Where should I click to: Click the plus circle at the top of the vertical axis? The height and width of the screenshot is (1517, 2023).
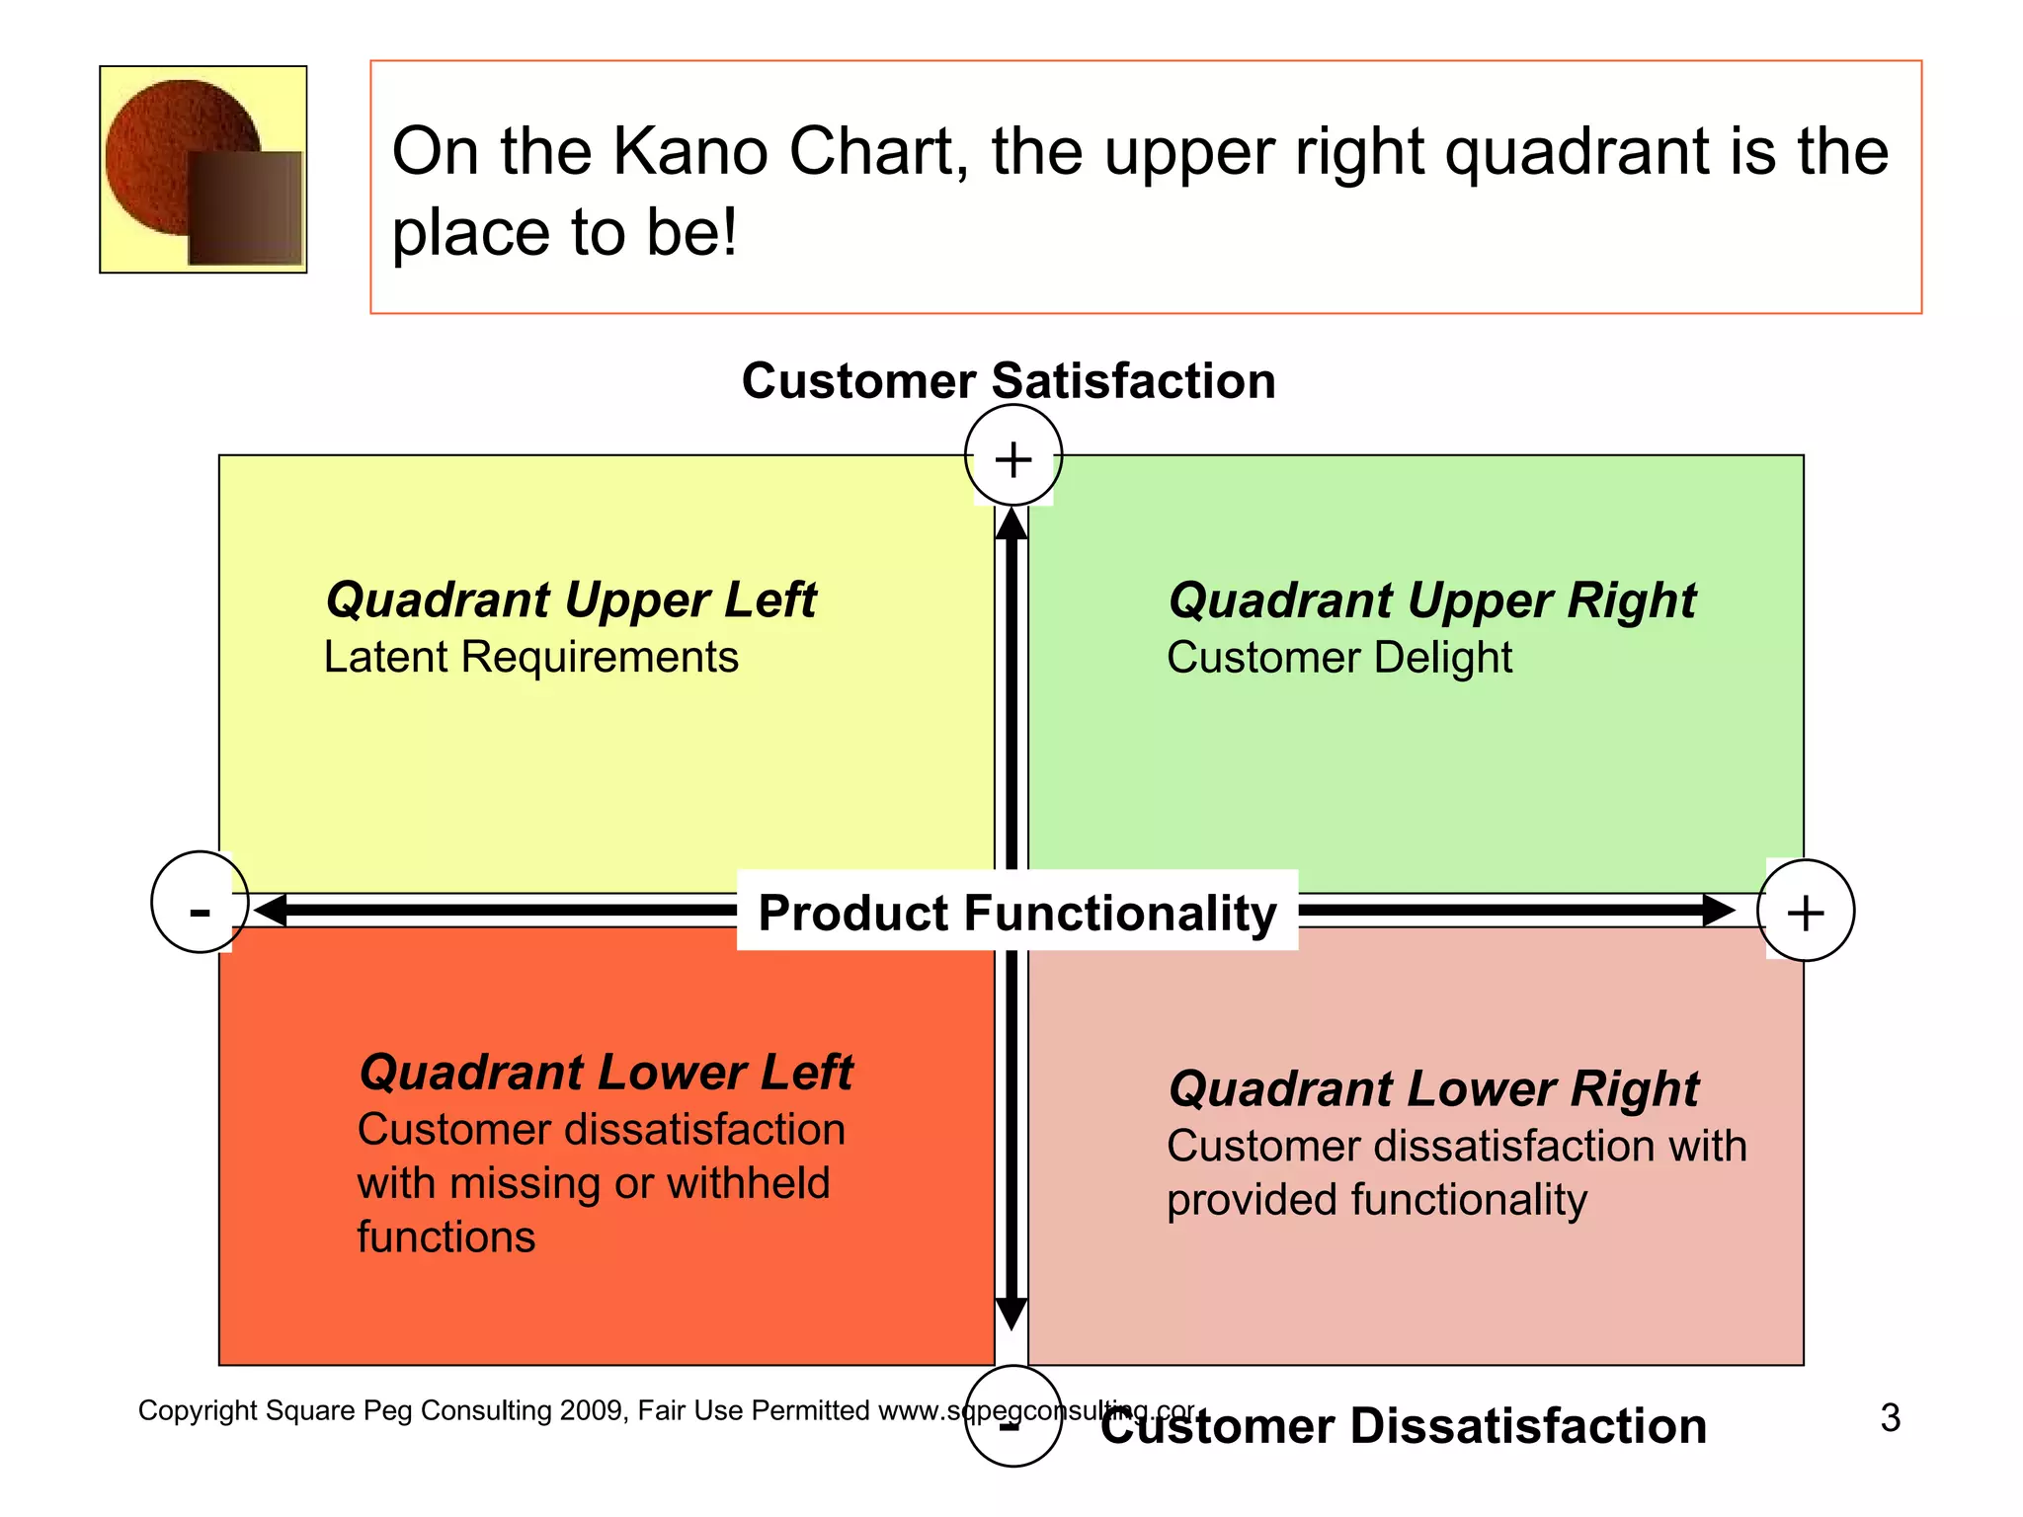pyautogui.click(x=1012, y=455)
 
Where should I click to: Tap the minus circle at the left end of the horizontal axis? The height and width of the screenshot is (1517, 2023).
pyautogui.click(x=200, y=902)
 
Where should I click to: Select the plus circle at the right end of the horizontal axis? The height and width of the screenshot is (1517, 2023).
pyautogui.click(x=1806, y=911)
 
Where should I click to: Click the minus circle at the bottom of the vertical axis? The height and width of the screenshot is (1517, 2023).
pyautogui.click(x=1012, y=1415)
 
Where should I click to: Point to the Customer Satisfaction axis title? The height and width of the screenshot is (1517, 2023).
pyautogui.click(x=1009, y=381)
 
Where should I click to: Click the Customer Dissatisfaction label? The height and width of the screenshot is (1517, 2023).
pyautogui.click(x=1403, y=1426)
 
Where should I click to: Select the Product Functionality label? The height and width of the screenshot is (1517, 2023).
pyautogui.click(x=1017, y=912)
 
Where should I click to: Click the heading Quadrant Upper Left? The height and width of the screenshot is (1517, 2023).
pyautogui.click(x=571, y=599)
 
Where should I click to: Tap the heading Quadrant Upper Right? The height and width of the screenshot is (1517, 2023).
pyautogui.click(x=1431, y=600)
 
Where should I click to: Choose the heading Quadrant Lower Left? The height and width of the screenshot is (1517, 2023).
pyautogui.click(x=606, y=1073)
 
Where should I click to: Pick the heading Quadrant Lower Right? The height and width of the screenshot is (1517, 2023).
pyautogui.click(x=1433, y=1089)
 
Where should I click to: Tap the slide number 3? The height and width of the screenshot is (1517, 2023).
pyautogui.click(x=1890, y=1418)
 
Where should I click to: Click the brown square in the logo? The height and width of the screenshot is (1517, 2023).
pyautogui.click(x=244, y=208)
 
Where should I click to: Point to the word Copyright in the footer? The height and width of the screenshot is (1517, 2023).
pyautogui.click(x=198, y=1410)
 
